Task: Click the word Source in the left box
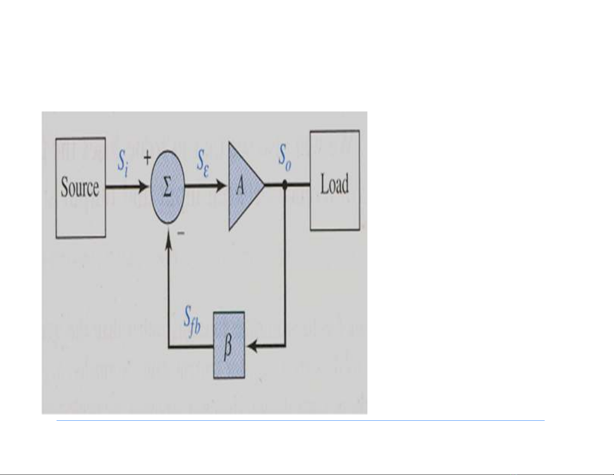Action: point(80,188)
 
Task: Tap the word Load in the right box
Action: point(334,185)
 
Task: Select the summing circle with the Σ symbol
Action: point(167,187)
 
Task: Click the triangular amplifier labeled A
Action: point(243,186)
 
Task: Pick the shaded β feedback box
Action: point(229,345)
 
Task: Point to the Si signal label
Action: point(123,163)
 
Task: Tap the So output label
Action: point(285,157)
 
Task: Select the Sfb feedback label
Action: point(192,320)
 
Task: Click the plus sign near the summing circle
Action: point(147,157)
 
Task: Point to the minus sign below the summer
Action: point(181,233)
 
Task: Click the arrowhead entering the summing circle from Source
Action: point(144,187)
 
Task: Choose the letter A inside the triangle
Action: point(240,187)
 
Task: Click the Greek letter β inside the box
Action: point(228,346)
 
